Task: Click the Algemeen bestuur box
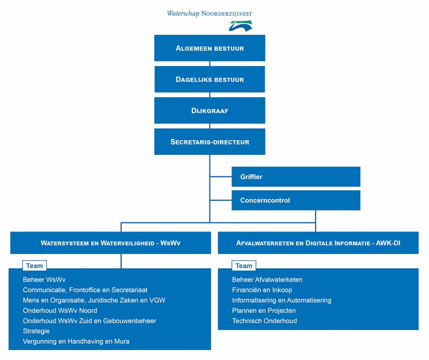click(209, 48)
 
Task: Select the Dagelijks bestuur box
click(209, 80)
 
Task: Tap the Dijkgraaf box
click(209, 111)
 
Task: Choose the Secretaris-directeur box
click(209, 142)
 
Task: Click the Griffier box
click(296, 177)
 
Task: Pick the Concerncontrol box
click(296, 200)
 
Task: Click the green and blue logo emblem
click(240, 26)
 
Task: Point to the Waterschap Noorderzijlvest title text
click(209, 14)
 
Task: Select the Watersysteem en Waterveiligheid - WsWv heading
click(111, 243)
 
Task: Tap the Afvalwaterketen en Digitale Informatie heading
click(318, 243)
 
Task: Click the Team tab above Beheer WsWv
click(34, 266)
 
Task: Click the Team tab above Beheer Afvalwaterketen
click(243, 266)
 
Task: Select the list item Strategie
click(36, 331)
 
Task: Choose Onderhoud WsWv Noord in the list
click(60, 311)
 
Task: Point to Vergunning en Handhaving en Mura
click(76, 342)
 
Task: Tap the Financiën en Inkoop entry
click(262, 290)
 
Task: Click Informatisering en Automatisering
click(282, 300)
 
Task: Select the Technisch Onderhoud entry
click(264, 321)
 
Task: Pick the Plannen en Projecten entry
click(264, 311)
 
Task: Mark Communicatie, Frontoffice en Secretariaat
click(85, 290)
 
